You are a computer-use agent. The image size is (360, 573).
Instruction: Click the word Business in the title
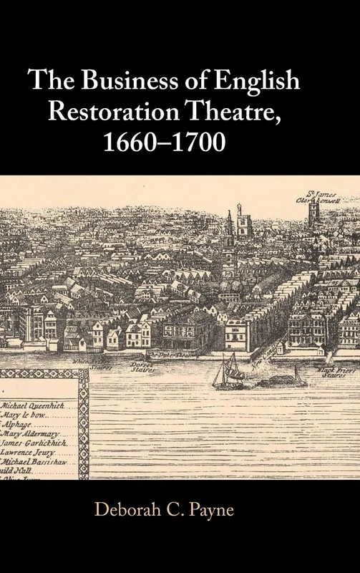pyautogui.click(x=118, y=80)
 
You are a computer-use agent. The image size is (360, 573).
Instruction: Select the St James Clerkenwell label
pyautogui.click(x=316, y=195)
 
